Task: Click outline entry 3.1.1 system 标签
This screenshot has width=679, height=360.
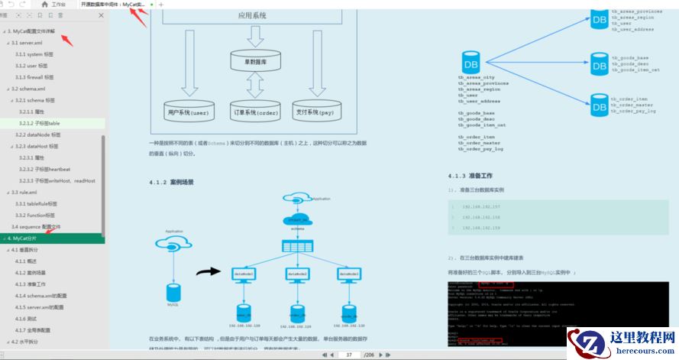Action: (35, 54)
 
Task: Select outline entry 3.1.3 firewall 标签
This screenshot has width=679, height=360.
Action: (36, 77)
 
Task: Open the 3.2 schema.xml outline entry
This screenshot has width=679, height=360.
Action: (29, 89)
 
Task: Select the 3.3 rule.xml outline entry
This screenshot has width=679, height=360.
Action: (24, 193)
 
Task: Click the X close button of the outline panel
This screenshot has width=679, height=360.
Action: (101, 15)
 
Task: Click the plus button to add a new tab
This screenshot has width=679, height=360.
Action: (160, 5)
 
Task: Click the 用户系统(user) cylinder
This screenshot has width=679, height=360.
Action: (188, 111)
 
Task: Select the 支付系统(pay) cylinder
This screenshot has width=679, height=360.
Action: (315, 111)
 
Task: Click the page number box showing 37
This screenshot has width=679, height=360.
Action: (350, 355)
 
